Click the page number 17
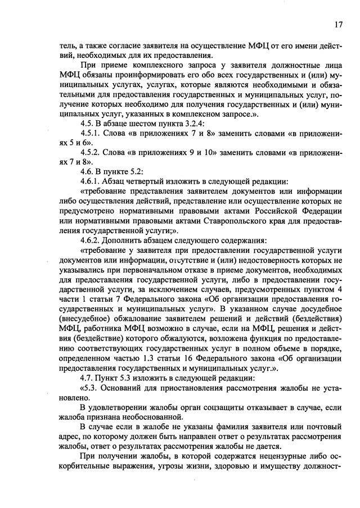point(338,24)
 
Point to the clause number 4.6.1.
point(92,182)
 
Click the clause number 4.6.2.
point(92,240)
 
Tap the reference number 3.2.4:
point(191,123)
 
